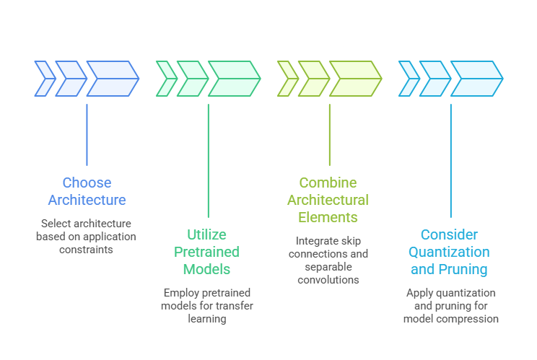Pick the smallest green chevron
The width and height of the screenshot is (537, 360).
click(166, 79)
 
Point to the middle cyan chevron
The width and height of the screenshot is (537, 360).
click(435, 79)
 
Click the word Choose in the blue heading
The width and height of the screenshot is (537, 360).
click(87, 183)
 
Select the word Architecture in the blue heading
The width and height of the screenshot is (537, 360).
click(87, 200)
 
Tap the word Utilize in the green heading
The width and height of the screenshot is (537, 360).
click(208, 234)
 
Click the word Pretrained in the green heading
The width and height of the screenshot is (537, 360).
click(208, 252)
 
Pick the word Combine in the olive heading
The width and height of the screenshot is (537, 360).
click(328, 183)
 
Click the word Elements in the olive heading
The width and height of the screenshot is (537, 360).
click(329, 217)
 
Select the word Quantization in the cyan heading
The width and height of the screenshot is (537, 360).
click(450, 252)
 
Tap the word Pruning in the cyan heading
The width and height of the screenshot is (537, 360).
click(463, 269)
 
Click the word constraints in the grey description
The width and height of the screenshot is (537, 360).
click(87, 249)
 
